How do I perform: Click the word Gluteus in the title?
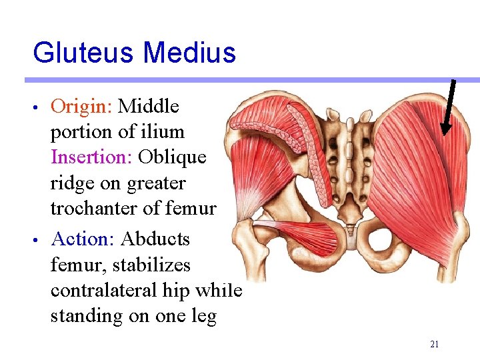click(84, 53)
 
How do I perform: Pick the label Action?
click(84, 239)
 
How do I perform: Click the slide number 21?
click(434, 344)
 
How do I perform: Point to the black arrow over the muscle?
click(447, 107)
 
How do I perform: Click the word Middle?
click(148, 106)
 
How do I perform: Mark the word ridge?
click(72, 183)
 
